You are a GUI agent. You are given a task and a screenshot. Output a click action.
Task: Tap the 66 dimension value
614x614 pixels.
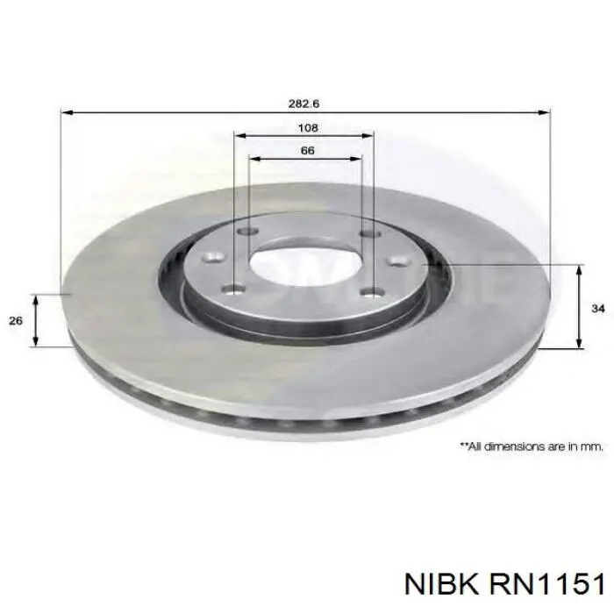coord(307,151)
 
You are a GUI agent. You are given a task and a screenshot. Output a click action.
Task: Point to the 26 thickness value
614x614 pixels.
coord(15,321)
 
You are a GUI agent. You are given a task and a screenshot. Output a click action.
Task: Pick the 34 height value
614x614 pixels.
coord(597,309)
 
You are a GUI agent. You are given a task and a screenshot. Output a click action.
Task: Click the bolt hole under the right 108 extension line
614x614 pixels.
coord(368,232)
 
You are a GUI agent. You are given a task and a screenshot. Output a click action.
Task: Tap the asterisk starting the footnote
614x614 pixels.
coord(463,445)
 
